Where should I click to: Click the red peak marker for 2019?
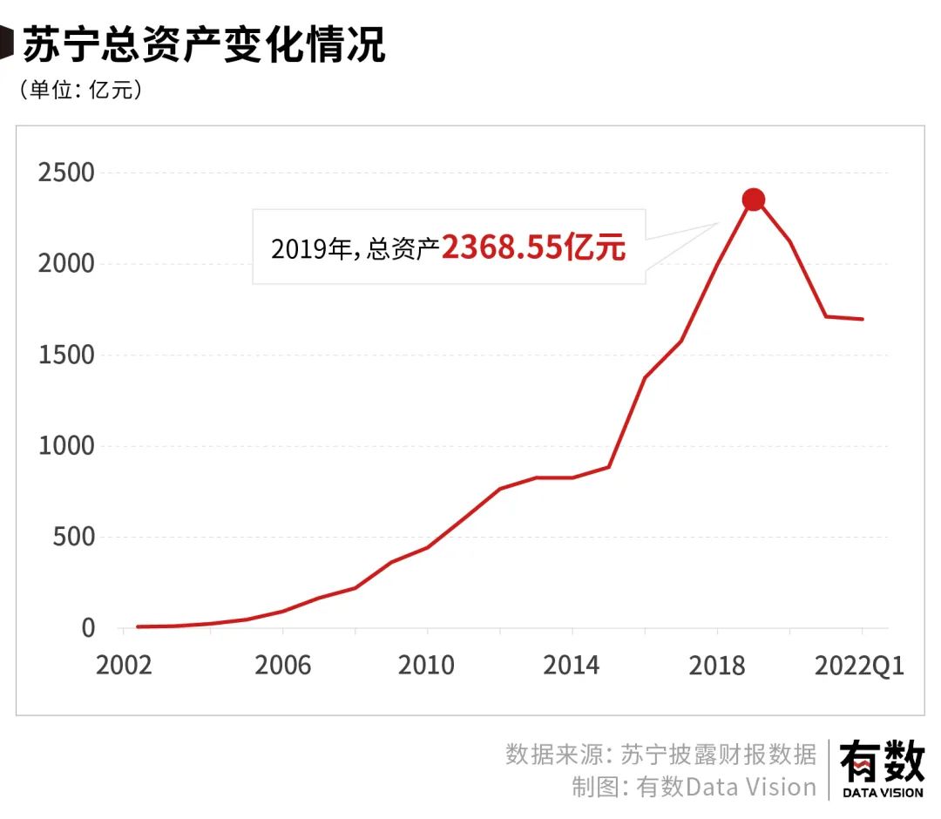(754, 200)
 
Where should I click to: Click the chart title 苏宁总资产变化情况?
(203, 44)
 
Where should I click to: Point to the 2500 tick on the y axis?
(66, 173)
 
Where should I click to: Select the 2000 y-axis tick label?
(66, 264)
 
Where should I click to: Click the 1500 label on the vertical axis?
(66, 355)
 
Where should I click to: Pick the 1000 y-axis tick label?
(66, 446)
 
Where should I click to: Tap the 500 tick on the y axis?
(73, 538)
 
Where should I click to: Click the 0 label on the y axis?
(88, 628)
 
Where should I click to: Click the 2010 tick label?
(426, 666)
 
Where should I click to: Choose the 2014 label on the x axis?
(572, 666)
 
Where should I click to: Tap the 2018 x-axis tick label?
(716, 666)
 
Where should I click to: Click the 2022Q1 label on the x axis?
(859, 666)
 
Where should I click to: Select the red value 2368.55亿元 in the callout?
(533, 248)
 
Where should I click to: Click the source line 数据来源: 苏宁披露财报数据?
(660, 754)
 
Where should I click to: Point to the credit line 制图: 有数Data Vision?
(694, 787)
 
